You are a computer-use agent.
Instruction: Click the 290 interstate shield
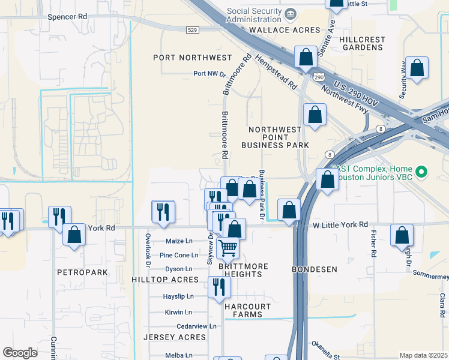(318, 77)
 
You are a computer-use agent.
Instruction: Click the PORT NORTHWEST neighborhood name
(192, 58)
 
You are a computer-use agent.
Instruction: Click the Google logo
(20, 353)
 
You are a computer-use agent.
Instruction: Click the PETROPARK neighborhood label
(82, 272)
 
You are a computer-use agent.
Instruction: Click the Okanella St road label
(325, 346)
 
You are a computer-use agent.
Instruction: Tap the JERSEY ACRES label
(175, 337)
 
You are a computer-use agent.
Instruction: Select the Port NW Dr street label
(209, 74)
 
